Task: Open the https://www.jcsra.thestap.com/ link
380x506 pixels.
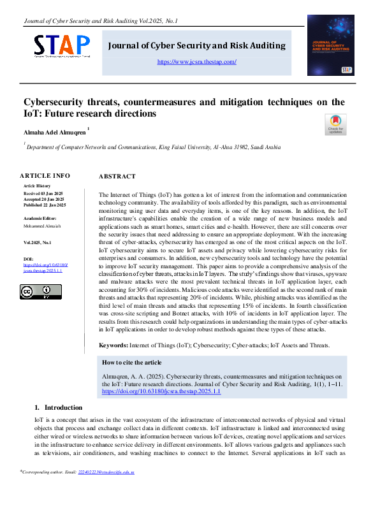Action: point(196,62)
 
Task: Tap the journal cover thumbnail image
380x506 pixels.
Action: point(330,45)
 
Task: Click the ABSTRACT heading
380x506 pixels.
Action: point(117,177)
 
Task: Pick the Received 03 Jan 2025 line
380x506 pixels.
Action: point(43,192)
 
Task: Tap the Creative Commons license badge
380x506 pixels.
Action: point(41,292)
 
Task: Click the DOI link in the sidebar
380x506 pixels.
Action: point(45,268)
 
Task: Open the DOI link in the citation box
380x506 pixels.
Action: point(161,391)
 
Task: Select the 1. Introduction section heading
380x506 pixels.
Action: point(58,407)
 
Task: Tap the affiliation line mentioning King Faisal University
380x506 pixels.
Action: point(153,147)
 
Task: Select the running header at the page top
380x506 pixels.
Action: point(101,21)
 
